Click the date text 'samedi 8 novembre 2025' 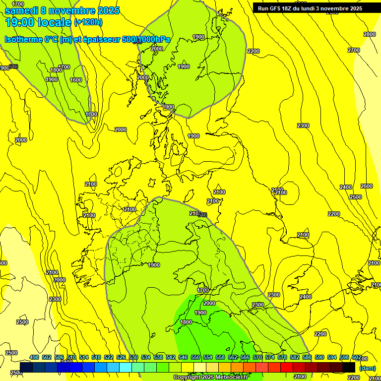62,10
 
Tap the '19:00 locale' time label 38,22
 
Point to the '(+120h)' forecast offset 88,22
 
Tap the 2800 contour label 369,34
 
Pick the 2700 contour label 354,50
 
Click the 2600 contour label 366,186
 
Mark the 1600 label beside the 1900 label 76,80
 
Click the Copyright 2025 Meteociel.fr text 210,378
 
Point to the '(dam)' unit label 367,368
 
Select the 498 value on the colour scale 34,357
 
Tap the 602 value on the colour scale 356,357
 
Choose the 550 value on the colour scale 195,357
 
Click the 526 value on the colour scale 121,357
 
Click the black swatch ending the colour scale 349,367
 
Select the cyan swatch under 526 126,367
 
